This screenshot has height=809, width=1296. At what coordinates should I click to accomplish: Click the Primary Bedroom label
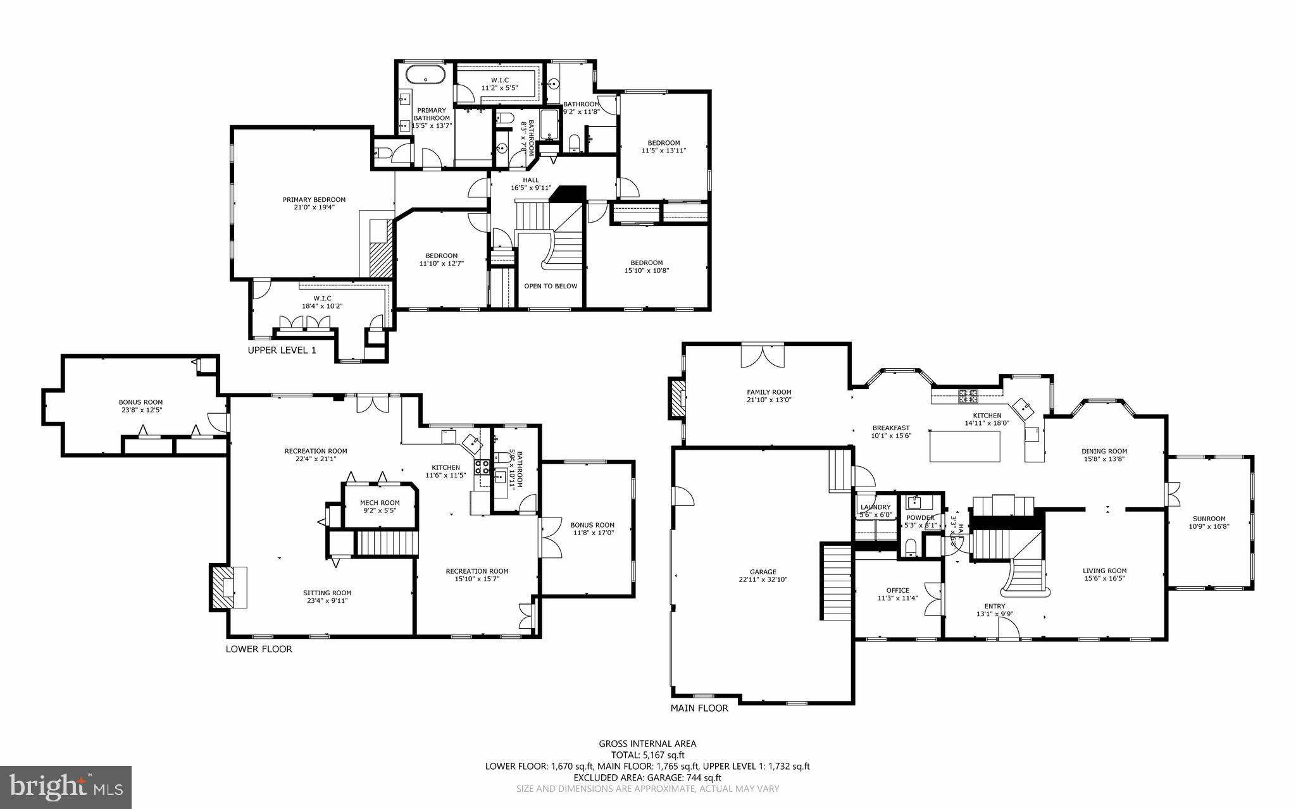click(314, 200)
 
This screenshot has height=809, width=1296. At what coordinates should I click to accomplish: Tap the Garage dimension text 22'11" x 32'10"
click(763, 579)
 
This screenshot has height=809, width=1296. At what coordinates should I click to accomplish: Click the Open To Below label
click(551, 286)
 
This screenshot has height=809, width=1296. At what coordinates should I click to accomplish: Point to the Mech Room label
click(380, 503)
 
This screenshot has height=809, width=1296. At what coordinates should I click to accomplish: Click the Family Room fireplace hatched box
click(678, 398)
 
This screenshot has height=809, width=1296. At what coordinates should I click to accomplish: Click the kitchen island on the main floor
click(965, 446)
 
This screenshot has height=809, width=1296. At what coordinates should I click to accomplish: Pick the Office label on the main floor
click(897, 590)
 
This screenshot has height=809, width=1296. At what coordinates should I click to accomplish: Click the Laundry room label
click(875, 507)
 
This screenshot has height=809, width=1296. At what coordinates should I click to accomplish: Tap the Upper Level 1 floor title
click(282, 350)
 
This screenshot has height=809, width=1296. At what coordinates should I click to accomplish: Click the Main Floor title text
click(699, 708)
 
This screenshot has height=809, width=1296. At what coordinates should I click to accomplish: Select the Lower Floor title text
click(259, 649)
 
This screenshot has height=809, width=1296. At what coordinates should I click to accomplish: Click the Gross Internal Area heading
click(647, 744)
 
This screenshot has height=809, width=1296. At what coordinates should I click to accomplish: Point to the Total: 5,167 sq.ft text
click(647, 755)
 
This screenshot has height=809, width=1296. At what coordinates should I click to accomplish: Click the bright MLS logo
click(66, 787)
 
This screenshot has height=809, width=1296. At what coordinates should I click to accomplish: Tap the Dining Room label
click(1104, 451)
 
